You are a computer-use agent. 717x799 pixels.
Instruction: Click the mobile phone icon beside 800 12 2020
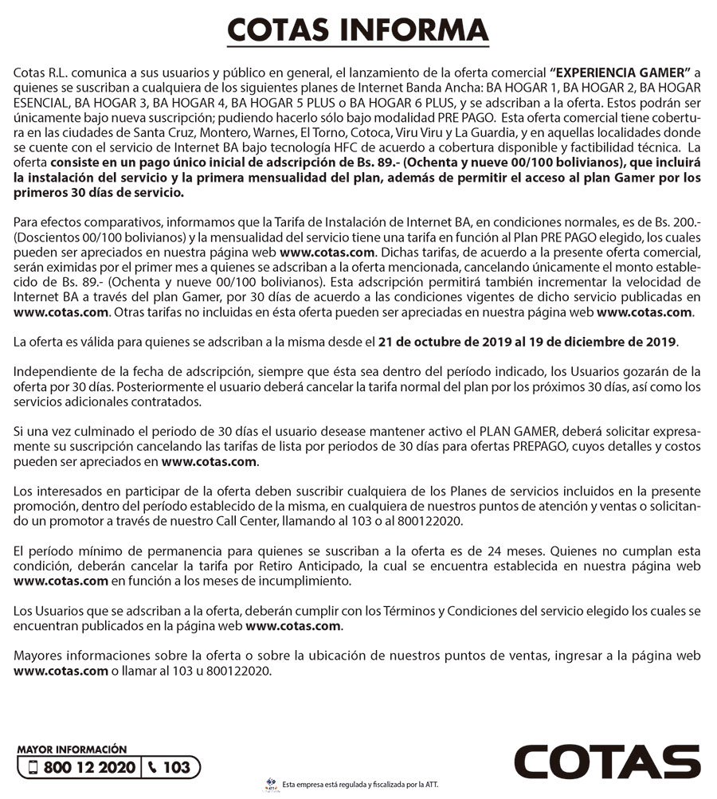[33, 768]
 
